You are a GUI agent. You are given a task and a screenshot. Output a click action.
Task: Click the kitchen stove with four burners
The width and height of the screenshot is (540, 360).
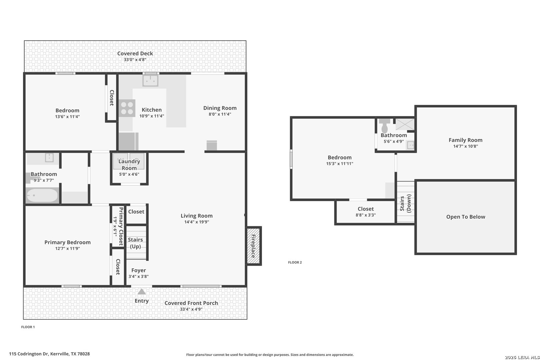pos(127,108)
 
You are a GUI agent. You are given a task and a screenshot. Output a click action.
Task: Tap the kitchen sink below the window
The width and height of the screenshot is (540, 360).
pos(150,81)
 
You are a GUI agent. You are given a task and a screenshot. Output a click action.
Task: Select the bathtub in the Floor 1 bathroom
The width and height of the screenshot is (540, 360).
pos(42,195)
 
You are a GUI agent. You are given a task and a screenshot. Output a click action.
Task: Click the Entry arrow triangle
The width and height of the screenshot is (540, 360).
pos(142,292)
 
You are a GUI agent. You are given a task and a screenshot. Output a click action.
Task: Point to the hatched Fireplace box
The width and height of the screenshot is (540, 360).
pos(254,246)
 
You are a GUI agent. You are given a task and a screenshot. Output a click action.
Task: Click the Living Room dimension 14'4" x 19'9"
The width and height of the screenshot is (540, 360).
pos(197,222)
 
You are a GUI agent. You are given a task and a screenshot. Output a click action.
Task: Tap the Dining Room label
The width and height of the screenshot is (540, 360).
pos(220,108)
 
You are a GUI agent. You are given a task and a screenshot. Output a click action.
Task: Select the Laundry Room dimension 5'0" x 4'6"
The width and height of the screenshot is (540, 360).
pos(129,174)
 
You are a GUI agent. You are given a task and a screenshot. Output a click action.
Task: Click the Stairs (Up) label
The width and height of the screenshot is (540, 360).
pos(135,243)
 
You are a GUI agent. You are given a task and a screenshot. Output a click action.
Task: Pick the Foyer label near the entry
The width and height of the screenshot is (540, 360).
pos(139,270)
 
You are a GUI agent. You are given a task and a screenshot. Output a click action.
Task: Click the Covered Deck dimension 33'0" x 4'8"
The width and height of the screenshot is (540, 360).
pos(135,60)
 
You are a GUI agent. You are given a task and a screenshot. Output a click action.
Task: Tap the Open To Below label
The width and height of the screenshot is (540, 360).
pos(466,217)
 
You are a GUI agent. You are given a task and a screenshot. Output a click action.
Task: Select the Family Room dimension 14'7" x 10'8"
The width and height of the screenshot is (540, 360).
pos(466,146)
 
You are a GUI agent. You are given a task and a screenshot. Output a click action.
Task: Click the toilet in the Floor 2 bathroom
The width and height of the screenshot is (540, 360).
pos(385,126)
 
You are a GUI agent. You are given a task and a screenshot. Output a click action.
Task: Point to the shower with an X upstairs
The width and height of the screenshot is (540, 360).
pos(405,124)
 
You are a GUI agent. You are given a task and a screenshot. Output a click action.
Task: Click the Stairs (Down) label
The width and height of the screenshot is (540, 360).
pos(406,203)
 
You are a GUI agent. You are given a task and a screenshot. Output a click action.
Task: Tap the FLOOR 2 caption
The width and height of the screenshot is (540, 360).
pos(295,262)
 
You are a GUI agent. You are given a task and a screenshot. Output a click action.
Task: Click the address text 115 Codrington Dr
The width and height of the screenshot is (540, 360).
pos(29,354)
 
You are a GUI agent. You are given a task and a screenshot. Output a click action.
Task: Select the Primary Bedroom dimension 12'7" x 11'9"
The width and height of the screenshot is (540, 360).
pos(67,248)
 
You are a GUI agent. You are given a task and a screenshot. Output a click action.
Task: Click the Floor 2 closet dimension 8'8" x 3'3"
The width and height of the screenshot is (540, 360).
pos(366,215)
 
